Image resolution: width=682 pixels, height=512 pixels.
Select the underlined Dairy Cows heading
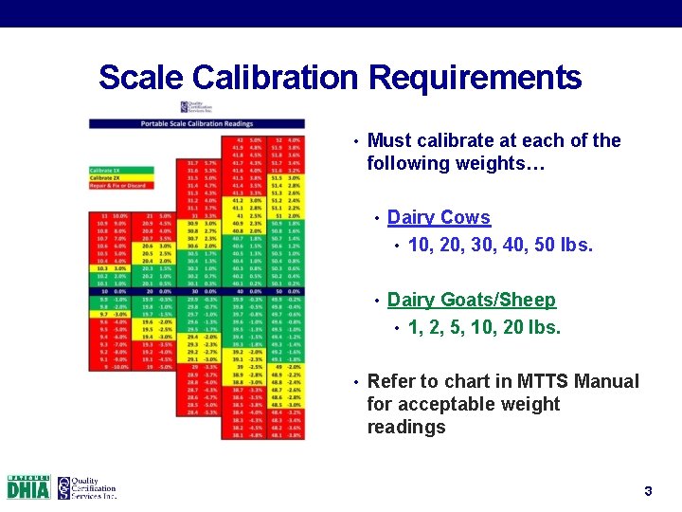click(x=439, y=217)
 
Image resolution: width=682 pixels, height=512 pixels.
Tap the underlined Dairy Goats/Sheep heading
click(x=471, y=300)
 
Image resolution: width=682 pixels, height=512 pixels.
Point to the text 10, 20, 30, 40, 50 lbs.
click(x=499, y=245)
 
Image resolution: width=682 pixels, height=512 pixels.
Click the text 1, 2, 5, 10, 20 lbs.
click(x=483, y=327)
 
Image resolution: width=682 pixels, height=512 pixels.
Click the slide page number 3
click(x=648, y=491)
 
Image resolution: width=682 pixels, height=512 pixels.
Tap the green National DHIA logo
click(x=27, y=487)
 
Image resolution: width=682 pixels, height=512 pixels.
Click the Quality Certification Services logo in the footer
click(x=86, y=487)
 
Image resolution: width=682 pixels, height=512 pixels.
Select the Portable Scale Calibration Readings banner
click(x=197, y=123)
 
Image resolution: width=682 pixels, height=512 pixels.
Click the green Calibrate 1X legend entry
click(x=109, y=169)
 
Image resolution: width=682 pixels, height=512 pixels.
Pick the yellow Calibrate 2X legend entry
click(x=109, y=176)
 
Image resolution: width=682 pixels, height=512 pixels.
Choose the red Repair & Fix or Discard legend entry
click(x=119, y=184)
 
